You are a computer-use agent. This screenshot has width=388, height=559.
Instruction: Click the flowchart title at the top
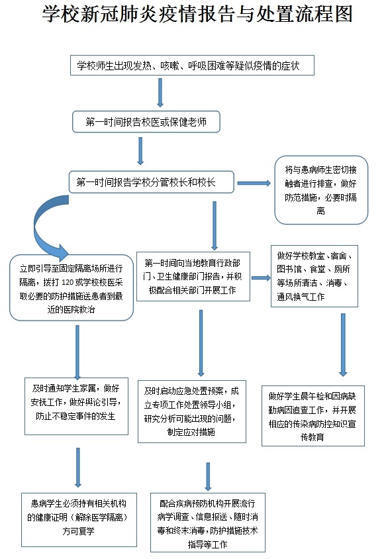point(197,15)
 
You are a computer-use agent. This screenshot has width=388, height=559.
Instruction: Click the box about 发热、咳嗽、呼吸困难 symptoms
point(192,66)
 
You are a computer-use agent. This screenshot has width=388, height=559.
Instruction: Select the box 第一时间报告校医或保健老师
point(146,122)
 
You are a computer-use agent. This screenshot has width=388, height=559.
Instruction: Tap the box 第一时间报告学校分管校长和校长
point(152,182)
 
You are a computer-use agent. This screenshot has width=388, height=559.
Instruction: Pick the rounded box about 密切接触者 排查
point(321,190)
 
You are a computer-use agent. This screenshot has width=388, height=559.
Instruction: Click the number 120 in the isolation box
point(68,282)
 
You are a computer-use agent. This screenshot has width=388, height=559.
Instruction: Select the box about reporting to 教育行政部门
point(193,277)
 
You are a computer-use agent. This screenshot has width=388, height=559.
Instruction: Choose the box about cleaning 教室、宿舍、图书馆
point(315,276)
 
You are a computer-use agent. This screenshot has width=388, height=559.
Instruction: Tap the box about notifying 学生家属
point(76,406)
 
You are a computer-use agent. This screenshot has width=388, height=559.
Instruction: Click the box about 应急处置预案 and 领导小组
point(192,411)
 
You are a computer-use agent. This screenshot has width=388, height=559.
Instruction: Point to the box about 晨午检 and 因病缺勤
point(313,416)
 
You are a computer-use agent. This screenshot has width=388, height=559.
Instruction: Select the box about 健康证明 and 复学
point(79,520)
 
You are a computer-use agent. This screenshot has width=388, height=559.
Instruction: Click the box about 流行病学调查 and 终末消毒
point(208,523)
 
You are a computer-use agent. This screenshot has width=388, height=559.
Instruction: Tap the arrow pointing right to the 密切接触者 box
point(254,183)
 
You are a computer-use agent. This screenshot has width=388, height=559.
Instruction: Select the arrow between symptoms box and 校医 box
point(160,93)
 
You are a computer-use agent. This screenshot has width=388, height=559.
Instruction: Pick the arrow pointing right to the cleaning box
point(261,278)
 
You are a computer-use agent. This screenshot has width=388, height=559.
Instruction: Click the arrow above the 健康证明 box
point(78,468)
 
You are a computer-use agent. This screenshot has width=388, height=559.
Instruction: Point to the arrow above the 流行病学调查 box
point(208,477)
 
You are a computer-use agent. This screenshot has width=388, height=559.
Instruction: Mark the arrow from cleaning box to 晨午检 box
point(343,345)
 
